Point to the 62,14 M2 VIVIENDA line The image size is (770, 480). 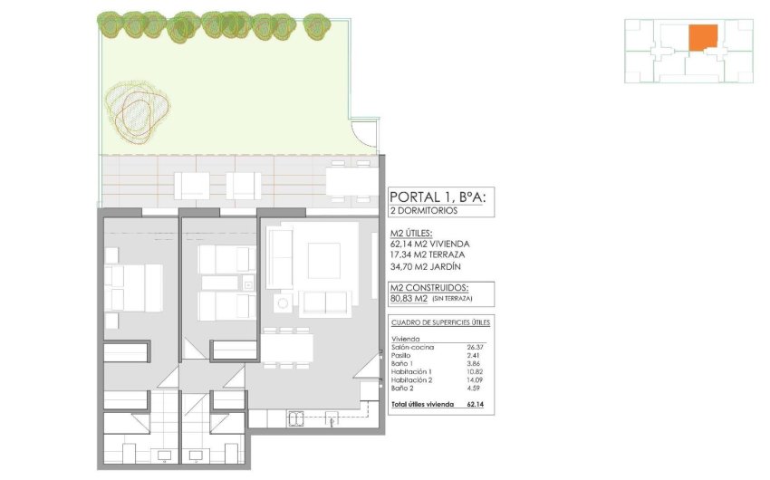coord(429,244)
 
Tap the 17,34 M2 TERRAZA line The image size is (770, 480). coord(427,255)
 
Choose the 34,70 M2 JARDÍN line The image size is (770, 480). coord(425,267)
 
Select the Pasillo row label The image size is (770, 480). coord(401,355)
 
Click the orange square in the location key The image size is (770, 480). coord(702,38)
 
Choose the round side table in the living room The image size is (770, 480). coord(283,303)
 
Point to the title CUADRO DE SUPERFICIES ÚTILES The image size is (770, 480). coord(440,322)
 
